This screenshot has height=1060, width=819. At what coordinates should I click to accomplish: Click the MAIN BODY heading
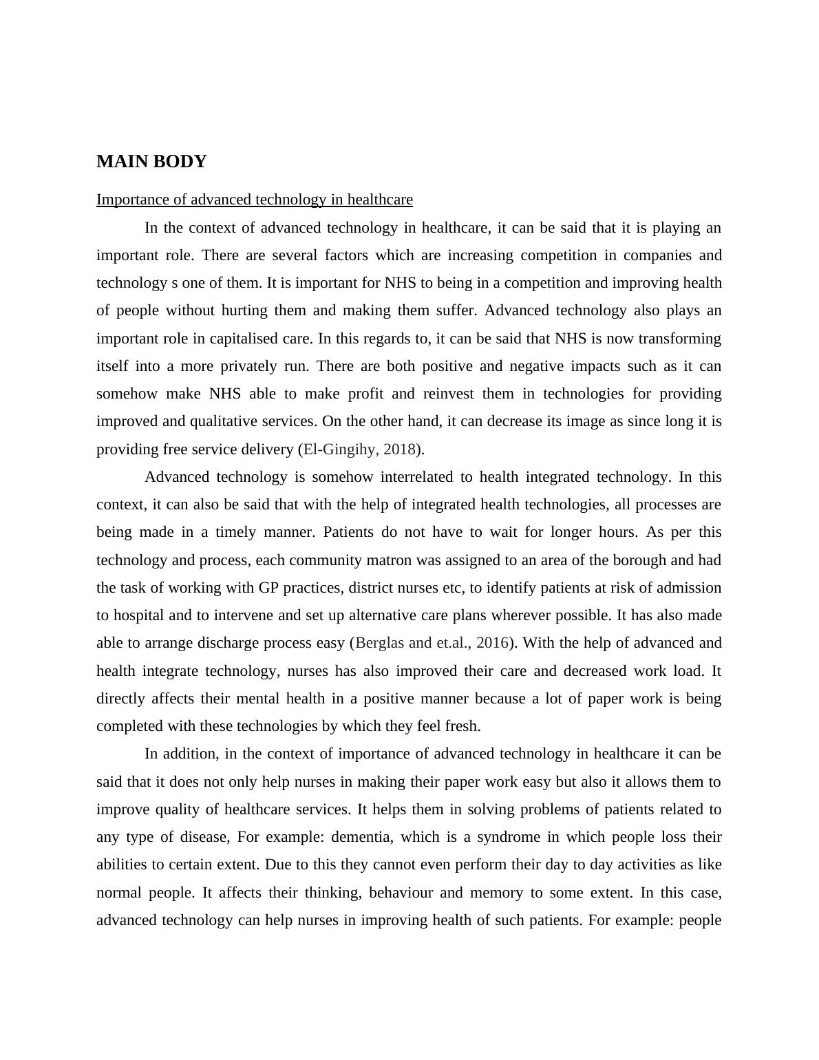point(151,162)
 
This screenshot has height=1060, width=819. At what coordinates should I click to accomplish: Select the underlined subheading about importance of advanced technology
point(254,200)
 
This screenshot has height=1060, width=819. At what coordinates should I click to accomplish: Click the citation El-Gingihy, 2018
point(359,449)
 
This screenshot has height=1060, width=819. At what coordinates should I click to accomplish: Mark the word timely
point(235,532)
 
